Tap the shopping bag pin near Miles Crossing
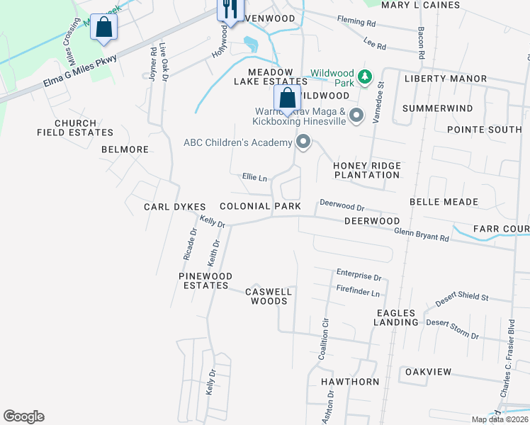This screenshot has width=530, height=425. tap(103, 28)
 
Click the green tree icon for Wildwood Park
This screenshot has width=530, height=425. tap(365, 76)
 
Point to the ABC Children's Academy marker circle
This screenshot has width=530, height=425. tap(304, 142)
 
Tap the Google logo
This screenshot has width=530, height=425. tap(23, 416)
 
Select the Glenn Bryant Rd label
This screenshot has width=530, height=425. tap(422, 234)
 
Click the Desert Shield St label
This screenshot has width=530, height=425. tap(462, 297)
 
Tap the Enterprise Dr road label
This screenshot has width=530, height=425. tap(359, 273)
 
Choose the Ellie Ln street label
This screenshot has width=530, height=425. tap(254, 177)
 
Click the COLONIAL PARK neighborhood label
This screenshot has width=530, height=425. tap(260, 206)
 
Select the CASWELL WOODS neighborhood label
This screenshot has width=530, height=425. tap(269, 296)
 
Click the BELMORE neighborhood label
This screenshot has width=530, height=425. tap(125, 149)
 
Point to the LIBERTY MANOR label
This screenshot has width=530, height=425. tap(446, 79)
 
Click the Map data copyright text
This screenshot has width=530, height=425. tap(500, 419)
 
